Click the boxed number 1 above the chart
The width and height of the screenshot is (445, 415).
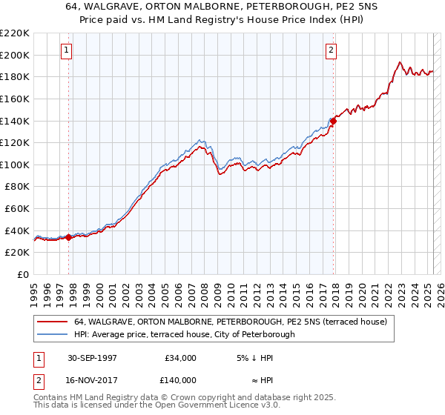67,50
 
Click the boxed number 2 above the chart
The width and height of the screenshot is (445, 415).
331,50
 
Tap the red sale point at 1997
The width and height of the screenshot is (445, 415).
69,237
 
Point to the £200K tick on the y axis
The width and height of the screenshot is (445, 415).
15,55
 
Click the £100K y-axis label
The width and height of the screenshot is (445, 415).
15,165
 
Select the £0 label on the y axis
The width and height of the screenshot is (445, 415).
24,274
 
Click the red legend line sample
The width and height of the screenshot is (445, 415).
52,322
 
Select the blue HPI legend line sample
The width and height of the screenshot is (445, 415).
52,334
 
